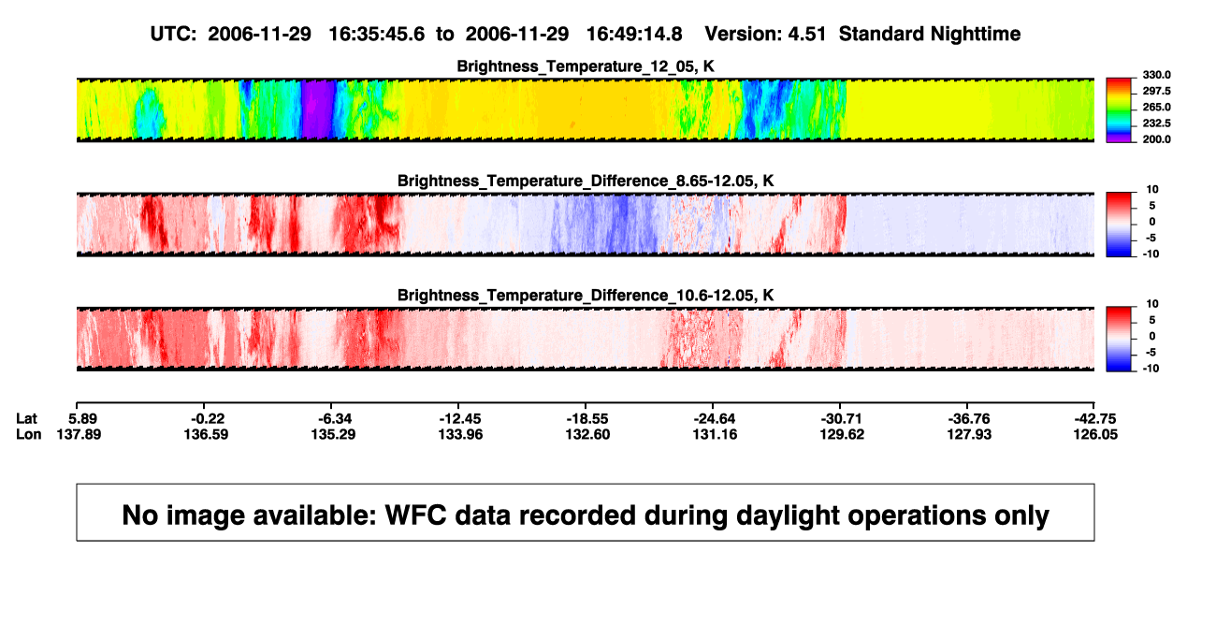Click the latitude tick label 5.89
point(82,419)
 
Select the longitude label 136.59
point(206,434)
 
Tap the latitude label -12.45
point(460,419)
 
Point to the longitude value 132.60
point(587,434)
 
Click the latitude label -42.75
point(1095,419)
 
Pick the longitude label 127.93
point(969,434)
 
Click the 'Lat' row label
point(26,419)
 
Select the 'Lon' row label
point(28,434)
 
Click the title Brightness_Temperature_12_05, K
point(586,66)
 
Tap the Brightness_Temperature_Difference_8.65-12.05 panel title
point(586,181)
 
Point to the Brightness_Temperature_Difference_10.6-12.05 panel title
point(586,296)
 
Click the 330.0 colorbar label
point(1156,75)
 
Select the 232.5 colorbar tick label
point(1156,123)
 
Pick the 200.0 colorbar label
point(1156,139)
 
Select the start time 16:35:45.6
point(376,35)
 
